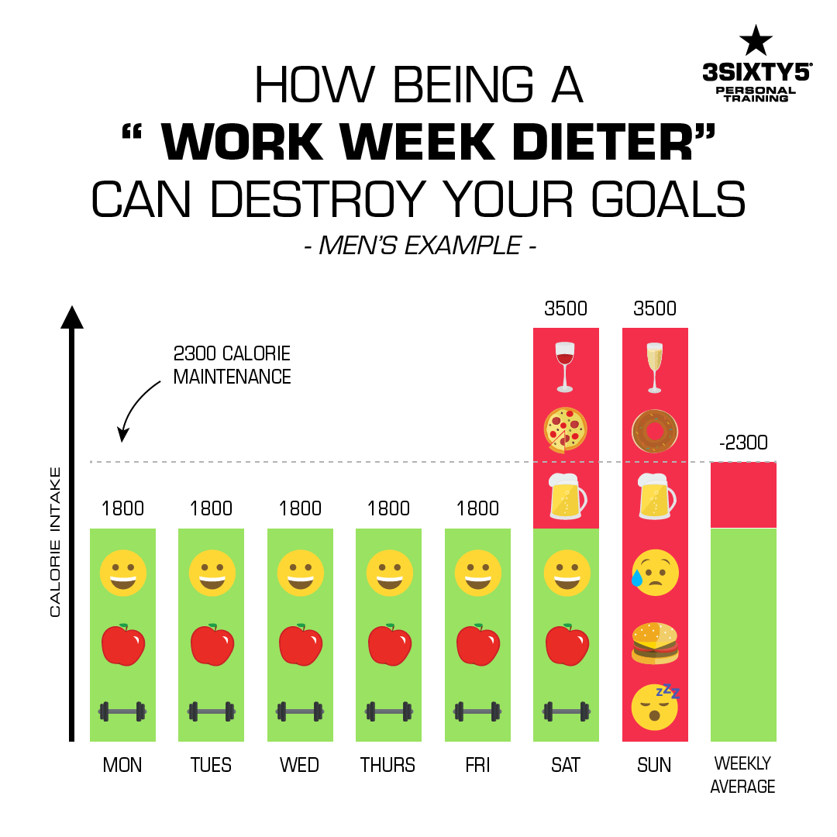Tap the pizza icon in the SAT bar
point(566,429)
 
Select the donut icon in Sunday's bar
point(655,429)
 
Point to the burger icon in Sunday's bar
point(655,642)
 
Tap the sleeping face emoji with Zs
point(655,707)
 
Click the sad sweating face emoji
point(655,573)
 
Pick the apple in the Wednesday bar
point(300,643)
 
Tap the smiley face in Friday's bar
point(477,573)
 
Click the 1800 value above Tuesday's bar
point(212,508)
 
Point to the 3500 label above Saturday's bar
point(566,308)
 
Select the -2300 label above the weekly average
point(742,443)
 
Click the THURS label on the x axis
point(388,766)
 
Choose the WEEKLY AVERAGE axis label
point(743,776)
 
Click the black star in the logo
point(756,40)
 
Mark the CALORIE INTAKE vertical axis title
point(55,542)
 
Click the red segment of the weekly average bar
point(743,494)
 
